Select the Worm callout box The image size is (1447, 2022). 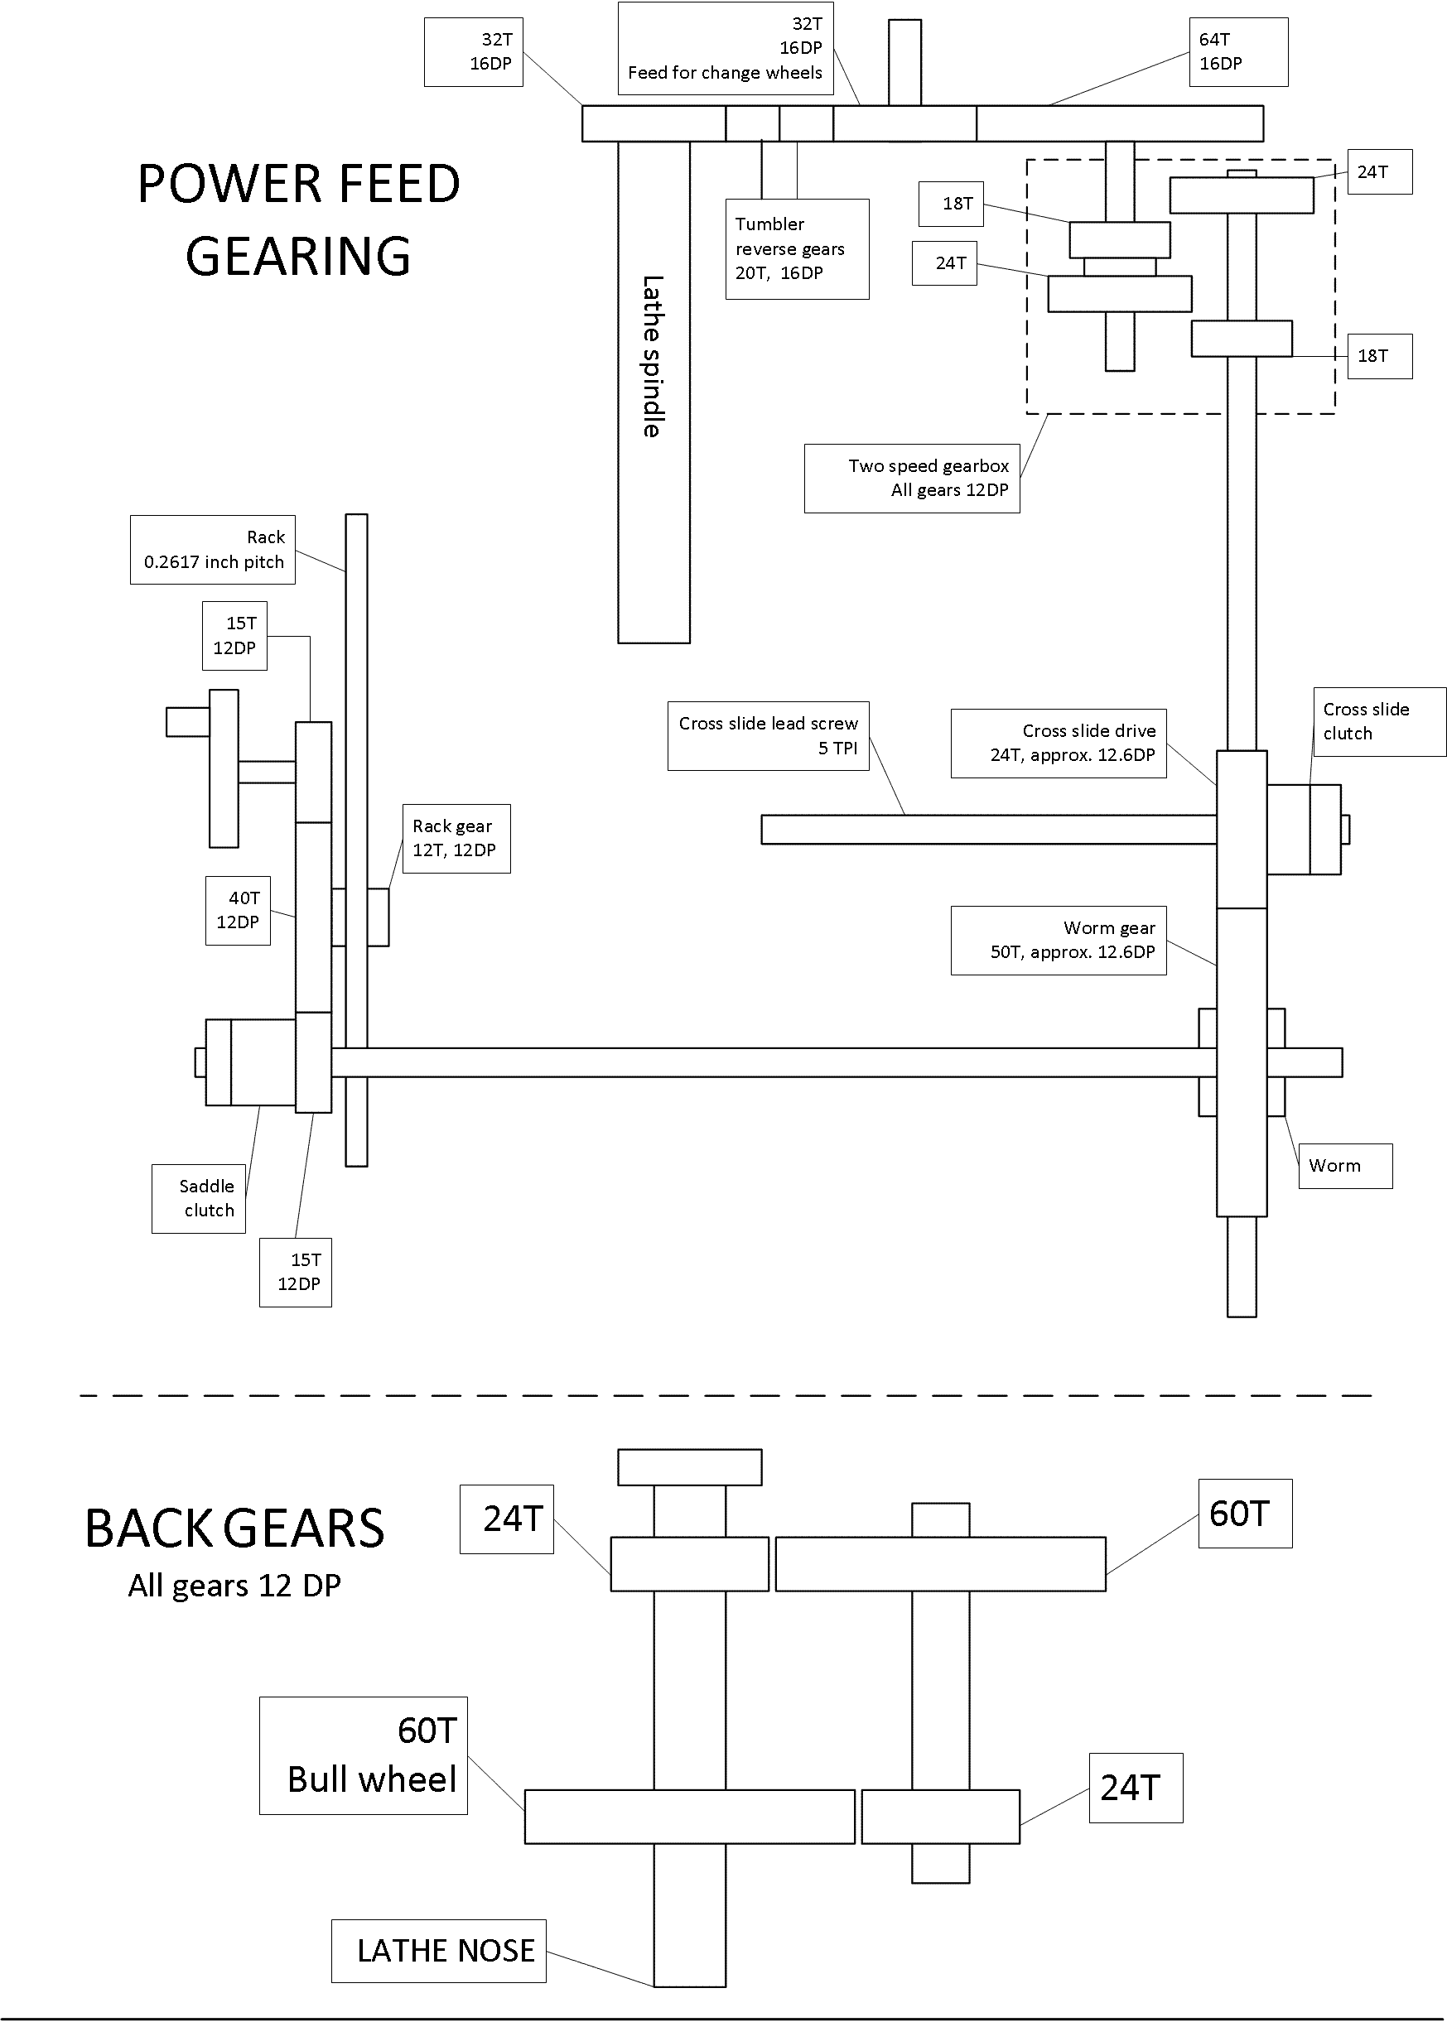[1344, 1165]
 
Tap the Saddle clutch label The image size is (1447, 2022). [199, 1198]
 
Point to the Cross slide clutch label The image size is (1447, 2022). [1378, 721]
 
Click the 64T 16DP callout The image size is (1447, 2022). [1237, 51]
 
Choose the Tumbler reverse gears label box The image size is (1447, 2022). [797, 248]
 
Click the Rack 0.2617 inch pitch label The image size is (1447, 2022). [213, 550]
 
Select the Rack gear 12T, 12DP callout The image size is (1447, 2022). [456, 838]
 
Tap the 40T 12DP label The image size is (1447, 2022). [238, 909]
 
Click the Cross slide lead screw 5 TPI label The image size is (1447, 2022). [768, 736]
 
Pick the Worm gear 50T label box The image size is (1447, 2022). [1059, 941]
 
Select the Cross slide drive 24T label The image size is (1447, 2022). [1059, 743]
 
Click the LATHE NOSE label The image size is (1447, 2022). [438, 1951]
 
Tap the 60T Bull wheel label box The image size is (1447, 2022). [364, 1755]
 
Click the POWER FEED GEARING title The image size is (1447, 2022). [298, 220]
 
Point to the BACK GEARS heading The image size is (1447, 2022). [234, 1529]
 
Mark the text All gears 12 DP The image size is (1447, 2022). [234, 1586]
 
